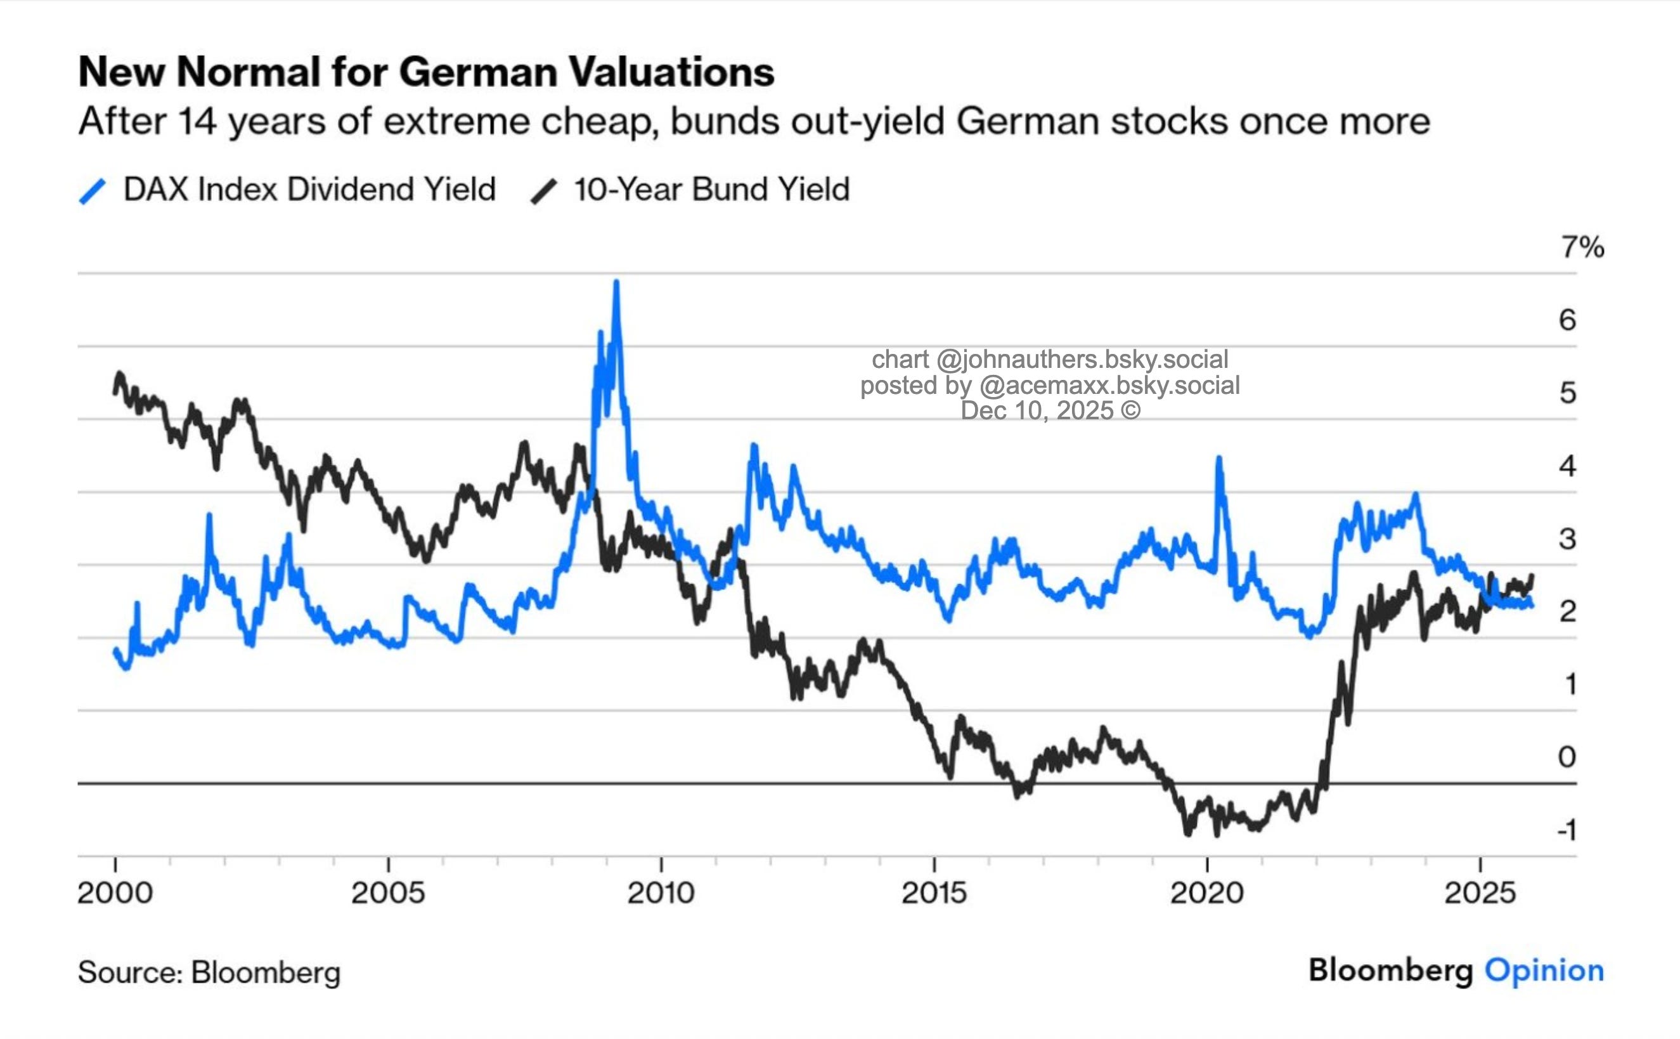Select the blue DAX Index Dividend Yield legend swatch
point(93,191)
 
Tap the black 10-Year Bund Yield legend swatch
point(544,191)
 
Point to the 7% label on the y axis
point(1582,247)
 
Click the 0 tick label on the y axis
point(1567,757)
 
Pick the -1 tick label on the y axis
point(1567,830)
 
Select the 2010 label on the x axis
point(661,892)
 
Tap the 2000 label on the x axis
point(115,892)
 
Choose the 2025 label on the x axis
point(1480,892)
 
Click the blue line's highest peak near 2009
point(616,282)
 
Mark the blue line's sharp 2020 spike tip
point(1219,459)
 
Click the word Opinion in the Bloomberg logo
point(1544,970)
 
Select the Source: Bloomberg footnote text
point(209,972)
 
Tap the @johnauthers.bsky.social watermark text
point(1082,360)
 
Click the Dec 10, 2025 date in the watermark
point(1037,411)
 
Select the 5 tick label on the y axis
point(1567,393)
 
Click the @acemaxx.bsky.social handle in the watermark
point(1109,386)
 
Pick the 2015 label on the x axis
point(934,892)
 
